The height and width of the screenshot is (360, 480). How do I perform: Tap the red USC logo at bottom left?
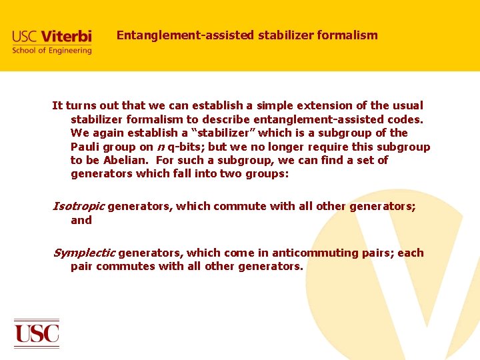click(x=37, y=333)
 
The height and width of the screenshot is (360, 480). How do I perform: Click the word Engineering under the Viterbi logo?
click(x=68, y=51)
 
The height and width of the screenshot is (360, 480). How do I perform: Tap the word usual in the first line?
click(x=407, y=105)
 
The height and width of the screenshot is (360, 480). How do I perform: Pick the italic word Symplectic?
click(x=83, y=253)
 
